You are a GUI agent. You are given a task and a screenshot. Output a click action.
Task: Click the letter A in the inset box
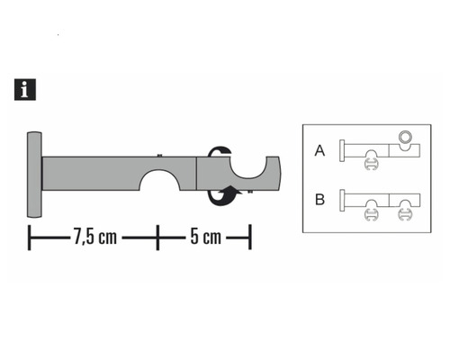319,151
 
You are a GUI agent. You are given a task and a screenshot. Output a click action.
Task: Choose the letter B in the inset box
319,199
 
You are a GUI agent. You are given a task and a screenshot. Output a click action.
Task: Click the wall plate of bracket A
341,150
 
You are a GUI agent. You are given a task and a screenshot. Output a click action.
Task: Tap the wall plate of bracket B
341,199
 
